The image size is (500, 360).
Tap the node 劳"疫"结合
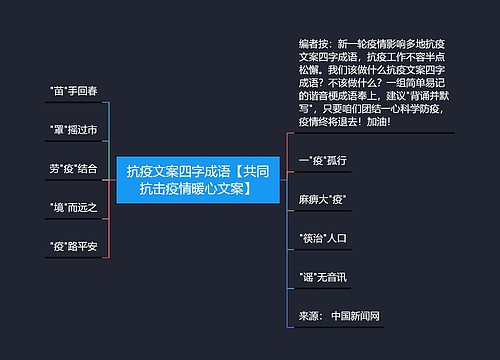tap(73, 168)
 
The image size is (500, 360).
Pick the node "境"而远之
tap(73, 207)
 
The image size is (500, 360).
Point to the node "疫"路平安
tap(73, 245)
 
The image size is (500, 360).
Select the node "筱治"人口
tap(322, 238)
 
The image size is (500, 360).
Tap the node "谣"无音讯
tap(322, 276)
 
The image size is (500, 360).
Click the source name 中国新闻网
tap(355, 316)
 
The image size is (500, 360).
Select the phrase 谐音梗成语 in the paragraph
tap(345, 96)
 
